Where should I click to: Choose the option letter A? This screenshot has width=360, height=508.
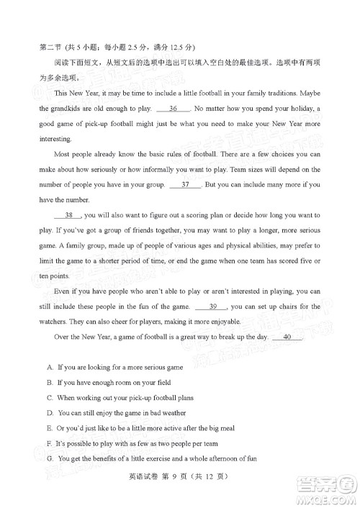tap(48, 367)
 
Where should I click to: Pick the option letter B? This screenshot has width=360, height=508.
tap(48, 382)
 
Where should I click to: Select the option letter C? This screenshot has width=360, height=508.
tap(48, 397)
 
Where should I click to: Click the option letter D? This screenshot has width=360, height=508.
tap(48, 413)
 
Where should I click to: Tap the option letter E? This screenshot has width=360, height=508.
tap(48, 428)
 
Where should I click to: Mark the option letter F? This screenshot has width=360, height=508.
tap(48, 443)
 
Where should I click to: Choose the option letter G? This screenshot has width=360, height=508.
tap(48, 458)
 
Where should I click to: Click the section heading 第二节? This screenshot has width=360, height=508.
tap(50, 47)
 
